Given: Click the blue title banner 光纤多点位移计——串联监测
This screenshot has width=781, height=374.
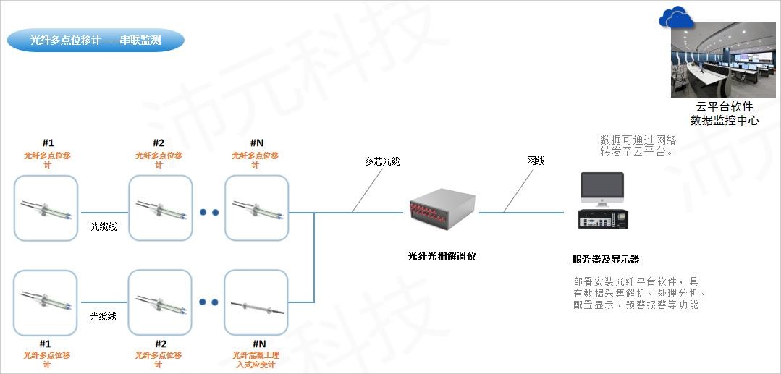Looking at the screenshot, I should [x=96, y=41].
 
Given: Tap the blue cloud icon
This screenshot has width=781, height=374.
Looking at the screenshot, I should [x=676, y=18].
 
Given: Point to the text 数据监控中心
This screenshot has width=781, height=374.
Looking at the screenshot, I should [x=724, y=121].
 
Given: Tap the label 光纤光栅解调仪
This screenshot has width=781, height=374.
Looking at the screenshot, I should [x=442, y=256].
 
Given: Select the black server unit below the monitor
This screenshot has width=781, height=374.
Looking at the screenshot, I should [x=602, y=218].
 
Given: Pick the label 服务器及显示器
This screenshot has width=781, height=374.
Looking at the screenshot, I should [x=606, y=260].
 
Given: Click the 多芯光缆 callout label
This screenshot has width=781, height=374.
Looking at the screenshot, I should [x=382, y=161].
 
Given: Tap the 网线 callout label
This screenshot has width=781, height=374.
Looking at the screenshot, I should [x=536, y=161].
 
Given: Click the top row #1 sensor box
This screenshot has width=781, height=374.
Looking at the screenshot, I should [x=46, y=208].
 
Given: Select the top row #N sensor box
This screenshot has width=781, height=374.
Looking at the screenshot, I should [x=256, y=208].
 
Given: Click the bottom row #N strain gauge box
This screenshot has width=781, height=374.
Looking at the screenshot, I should [x=256, y=302].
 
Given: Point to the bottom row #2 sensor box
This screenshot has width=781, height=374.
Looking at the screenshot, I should [x=160, y=302].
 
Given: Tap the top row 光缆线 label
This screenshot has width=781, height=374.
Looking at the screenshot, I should [x=104, y=227].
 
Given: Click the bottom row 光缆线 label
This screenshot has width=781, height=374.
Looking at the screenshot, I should [x=104, y=316].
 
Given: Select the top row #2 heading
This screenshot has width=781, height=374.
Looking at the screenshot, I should [x=159, y=143].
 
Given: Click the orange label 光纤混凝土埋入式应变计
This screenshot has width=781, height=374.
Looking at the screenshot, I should [x=256, y=360].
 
